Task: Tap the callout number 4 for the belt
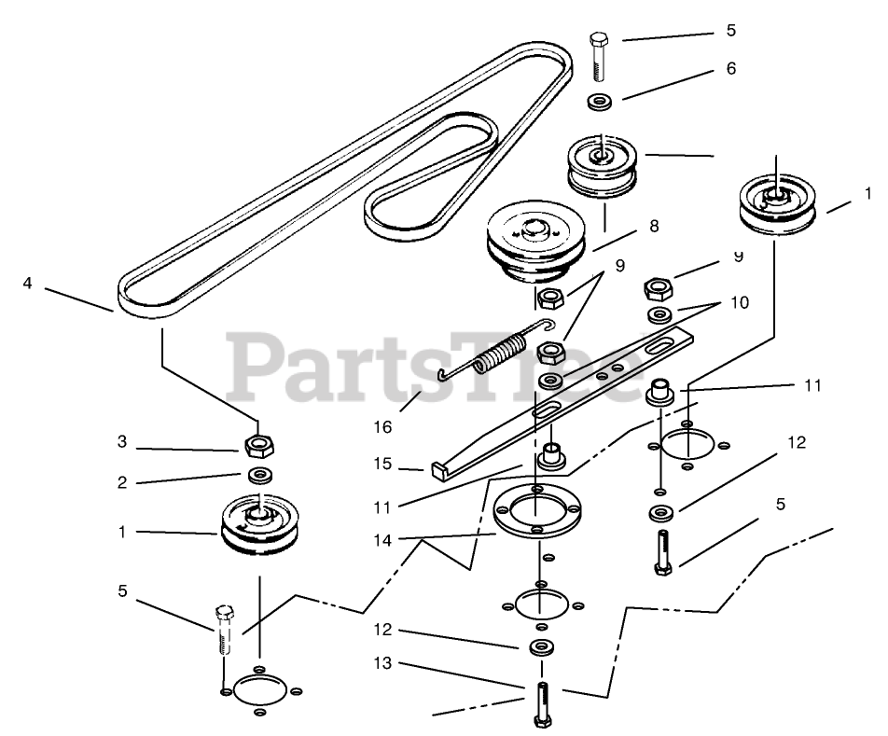point(28,282)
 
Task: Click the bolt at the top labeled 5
point(600,55)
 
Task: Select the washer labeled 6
point(601,101)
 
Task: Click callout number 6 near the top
point(730,68)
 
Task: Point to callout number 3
point(121,441)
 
